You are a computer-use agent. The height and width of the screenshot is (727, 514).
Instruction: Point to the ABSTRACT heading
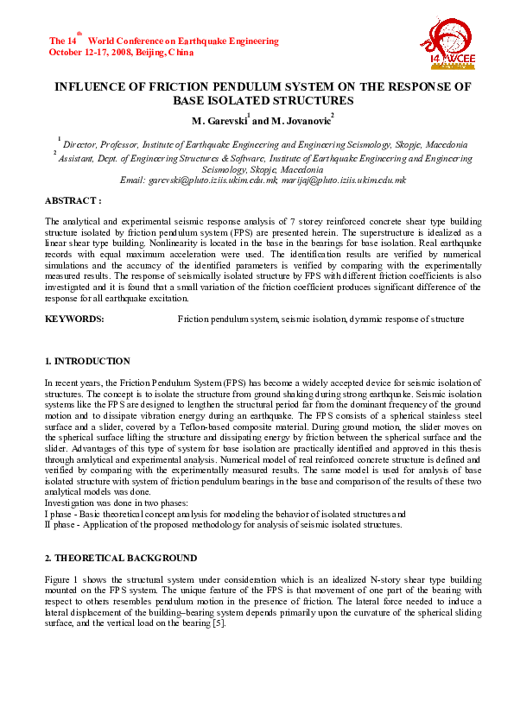[x=73, y=199]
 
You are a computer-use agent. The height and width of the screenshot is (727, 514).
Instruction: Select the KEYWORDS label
[x=74, y=319]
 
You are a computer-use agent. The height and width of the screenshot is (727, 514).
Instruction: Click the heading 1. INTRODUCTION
[x=87, y=361]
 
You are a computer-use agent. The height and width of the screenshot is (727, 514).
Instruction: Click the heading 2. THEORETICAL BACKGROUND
[x=121, y=558]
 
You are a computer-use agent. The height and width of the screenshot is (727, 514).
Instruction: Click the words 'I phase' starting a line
[x=59, y=513]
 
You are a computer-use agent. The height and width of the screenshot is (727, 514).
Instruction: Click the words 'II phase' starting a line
[x=60, y=524]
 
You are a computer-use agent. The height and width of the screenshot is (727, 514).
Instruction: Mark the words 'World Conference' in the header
[x=128, y=41]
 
